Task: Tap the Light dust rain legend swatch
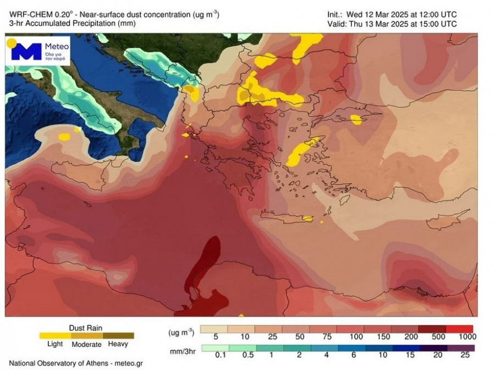(55, 335)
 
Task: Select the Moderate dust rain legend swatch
(86, 335)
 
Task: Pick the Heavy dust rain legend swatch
(118, 335)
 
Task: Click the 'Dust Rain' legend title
(85, 328)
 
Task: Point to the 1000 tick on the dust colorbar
(466, 336)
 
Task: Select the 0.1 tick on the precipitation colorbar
(221, 355)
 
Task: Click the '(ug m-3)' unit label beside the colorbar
(181, 333)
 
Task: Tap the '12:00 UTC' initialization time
(435, 15)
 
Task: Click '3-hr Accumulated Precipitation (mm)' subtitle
(72, 24)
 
